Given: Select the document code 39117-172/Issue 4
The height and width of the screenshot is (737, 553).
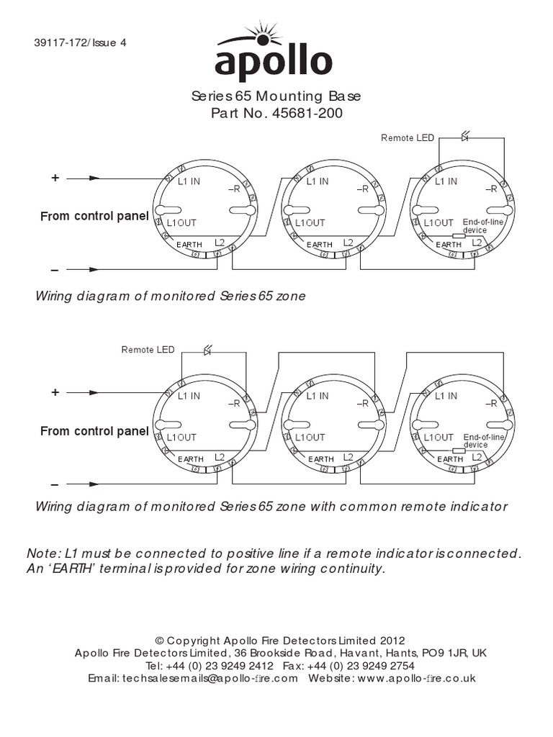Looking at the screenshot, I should [x=80, y=42].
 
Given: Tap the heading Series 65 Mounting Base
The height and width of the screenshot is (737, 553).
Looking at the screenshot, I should [x=276, y=96].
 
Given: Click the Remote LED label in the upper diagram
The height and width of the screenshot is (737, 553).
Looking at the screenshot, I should [x=408, y=137].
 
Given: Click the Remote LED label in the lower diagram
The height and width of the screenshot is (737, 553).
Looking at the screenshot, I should [x=148, y=350].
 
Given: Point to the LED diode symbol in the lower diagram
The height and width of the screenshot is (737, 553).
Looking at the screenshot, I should [x=207, y=351].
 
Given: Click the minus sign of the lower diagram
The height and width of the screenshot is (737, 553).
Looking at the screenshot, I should [x=55, y=484].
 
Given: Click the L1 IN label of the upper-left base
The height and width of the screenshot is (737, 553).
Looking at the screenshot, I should [x=189, y=181].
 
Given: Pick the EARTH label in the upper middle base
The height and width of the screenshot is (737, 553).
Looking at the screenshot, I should [x=320, y=245].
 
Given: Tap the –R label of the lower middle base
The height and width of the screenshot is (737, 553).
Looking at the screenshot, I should [x=362, y=404].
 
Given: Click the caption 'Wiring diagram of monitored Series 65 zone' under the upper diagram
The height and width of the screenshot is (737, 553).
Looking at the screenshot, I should [x=166, y=296].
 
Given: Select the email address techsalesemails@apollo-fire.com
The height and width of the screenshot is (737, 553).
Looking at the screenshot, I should [x=210, y=678].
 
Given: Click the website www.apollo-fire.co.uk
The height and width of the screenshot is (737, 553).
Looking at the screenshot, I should [x=416, y=678].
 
